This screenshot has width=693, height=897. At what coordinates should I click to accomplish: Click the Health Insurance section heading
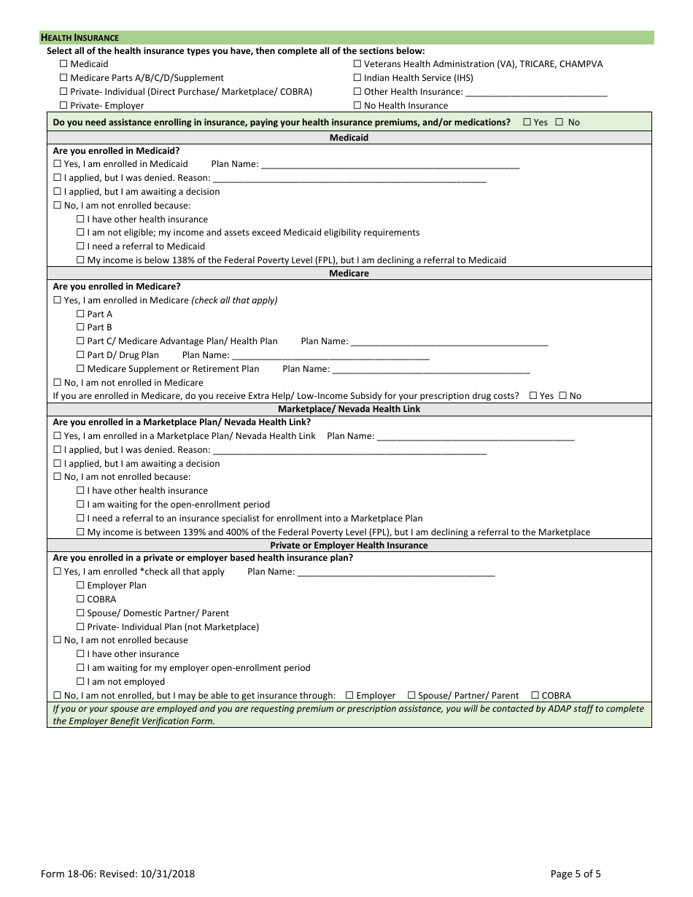[x=80, y=38]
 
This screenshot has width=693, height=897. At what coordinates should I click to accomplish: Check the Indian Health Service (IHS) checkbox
[x=357, y=78]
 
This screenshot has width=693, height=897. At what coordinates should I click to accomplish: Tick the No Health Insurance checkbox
[x=357, y=106]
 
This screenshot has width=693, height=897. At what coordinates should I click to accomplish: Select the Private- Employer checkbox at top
[x=63, y=106]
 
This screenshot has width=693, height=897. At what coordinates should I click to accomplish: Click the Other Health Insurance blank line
[x=535, y=93]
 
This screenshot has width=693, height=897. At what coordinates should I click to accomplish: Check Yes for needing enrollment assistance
[x=527, y=123]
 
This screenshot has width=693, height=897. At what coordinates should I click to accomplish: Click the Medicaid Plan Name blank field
[x=390, y=165]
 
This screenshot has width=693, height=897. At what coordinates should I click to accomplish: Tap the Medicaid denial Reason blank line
[x=349, y=178]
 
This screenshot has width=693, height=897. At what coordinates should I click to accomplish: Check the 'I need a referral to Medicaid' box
[x=81, y=246]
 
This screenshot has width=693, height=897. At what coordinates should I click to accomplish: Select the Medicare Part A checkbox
[x=81, y=314]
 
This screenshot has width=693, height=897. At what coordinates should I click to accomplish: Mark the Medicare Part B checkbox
[x=81, y=327]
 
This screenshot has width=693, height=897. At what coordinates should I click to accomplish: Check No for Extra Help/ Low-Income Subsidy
[x=562, y=396]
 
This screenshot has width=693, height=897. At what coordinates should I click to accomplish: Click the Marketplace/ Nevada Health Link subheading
[x=349, y=409]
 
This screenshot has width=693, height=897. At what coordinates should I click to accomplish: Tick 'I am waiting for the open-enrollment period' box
[x=81, y=505]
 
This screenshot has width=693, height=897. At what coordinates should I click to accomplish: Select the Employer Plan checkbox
[x=81, y=586]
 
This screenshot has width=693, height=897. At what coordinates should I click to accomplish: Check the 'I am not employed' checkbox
[x=81, y=682]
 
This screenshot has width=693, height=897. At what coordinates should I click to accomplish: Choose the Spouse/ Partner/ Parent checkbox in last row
[x=411, y=696]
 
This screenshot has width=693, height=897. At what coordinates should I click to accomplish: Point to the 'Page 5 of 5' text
[x=576, y=874]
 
